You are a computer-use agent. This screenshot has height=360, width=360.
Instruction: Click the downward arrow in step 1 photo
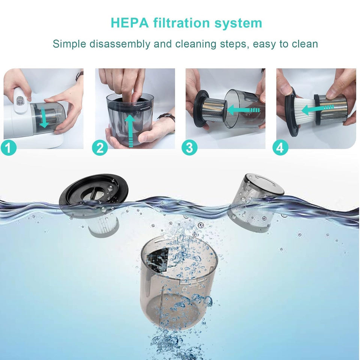pos(44,118)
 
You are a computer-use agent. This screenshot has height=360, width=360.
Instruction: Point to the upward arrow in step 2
pos(130,129)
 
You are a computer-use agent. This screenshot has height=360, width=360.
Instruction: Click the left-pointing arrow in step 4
pos(317,110)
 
